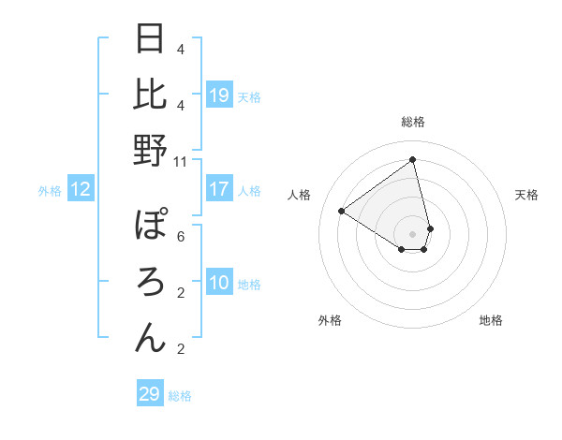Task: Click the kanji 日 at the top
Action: pos(151,40)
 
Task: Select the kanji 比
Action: pos(151,95)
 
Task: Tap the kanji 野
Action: pos(151,150)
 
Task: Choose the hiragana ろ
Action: pos(151,282)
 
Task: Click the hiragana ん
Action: pos(151,337)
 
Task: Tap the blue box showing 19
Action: pos(219,95)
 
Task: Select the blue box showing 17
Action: pos(219,189)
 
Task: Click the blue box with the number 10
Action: pos(219,283)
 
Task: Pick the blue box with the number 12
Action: pos(81,190)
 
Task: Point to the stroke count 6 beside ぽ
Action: pos(181,237)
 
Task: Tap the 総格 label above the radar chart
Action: pos(413,123)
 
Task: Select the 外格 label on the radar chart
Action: pos(330,320)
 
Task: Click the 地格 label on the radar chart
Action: pos(491,320)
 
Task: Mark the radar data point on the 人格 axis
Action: pos(342,211)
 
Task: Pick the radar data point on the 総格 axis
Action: pos(413,160)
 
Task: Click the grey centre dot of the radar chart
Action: pos(413,233)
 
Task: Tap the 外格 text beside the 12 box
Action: pos(50,191)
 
